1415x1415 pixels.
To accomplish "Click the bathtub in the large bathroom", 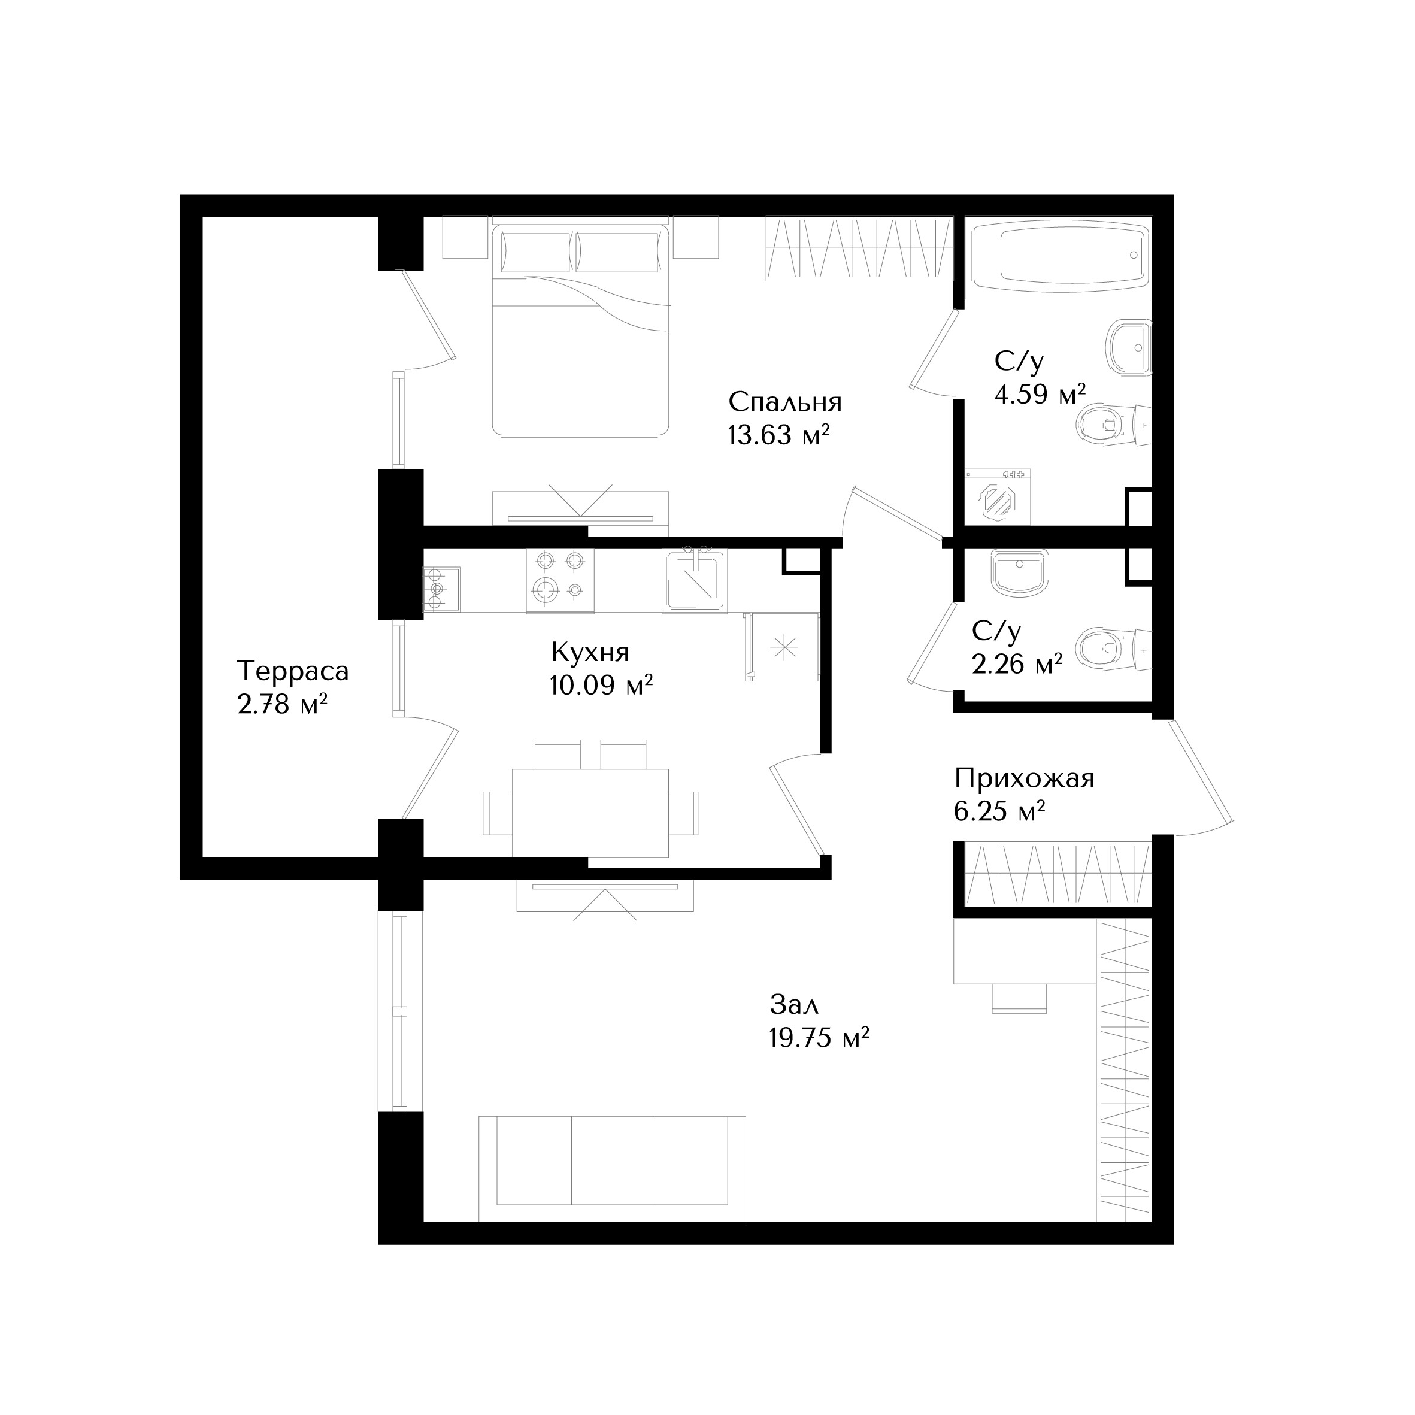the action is (x=1058, y=258).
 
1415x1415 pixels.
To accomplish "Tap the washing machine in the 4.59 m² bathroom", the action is (x=997, y=497).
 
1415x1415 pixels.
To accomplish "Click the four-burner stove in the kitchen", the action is (x=559, y=581).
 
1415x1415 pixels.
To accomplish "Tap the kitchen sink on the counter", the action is (x=694, y=581).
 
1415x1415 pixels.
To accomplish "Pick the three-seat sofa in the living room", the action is (x=612, y=1169).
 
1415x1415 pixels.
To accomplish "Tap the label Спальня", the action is (x=784, y=402).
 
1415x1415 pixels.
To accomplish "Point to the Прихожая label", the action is (x=1024, y=778).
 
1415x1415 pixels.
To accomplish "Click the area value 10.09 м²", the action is (x=601, y=686).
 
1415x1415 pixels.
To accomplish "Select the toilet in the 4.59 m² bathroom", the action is (x=1113, y=425).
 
